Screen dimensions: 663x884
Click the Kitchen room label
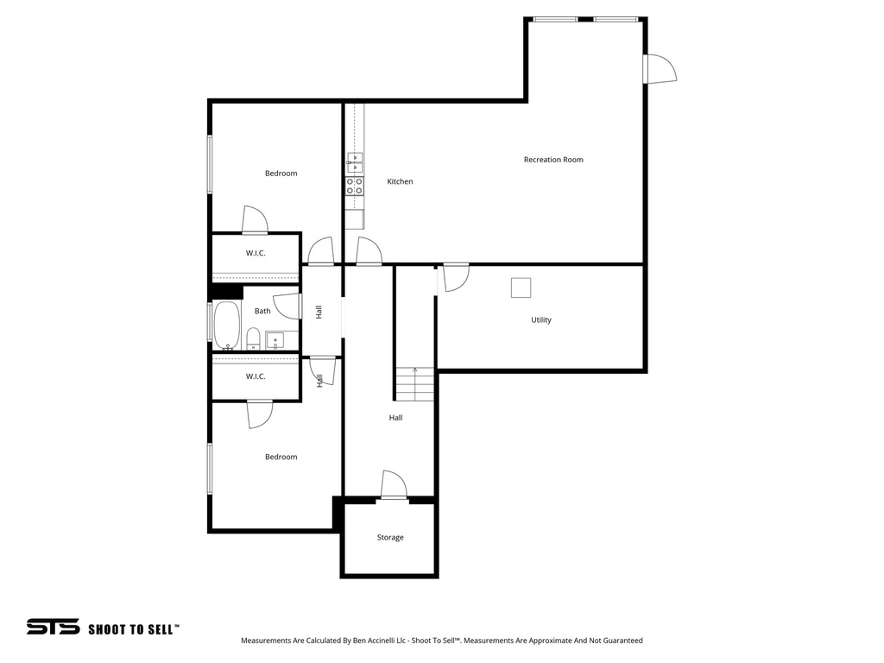tap(400, 182)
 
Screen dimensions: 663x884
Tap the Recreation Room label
tap(553, 160)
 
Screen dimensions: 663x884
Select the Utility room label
tap(541, 320)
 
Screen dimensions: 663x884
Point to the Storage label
tap(390, 538)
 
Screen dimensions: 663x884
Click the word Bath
tap(262, 312)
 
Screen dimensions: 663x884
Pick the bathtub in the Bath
tap(227, 325)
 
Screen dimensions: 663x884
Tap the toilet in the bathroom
tap(254, 338)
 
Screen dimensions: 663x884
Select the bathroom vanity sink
tap(275, 339)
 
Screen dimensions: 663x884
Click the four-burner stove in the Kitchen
tap(355, 186)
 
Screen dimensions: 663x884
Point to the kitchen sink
tap(355, 163)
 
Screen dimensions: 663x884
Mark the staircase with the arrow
tap(415, 384)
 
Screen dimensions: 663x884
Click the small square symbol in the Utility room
tap(521, 287)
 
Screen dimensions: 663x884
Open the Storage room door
tap(394, 485)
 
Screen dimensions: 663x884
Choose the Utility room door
tap(455, 276)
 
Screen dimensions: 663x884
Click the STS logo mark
tap(53, 628)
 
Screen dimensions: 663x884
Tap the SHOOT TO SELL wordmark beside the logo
tap(134, 629)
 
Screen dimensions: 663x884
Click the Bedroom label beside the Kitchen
tap(281, 174)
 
